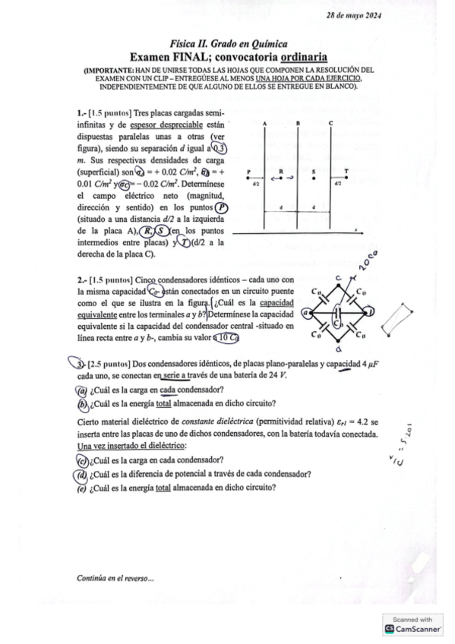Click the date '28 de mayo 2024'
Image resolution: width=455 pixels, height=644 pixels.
pos(354,15)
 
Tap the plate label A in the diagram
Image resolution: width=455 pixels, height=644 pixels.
pos(264,123)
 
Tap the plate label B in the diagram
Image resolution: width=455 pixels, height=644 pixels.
pos(299,123)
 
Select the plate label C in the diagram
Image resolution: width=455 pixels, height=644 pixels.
pos(331,123)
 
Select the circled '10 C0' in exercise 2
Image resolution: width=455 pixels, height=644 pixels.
pos(226,338)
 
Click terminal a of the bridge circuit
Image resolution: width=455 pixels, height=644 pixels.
pos(305,312)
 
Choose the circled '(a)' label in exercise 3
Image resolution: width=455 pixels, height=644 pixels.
pos(82,391)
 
